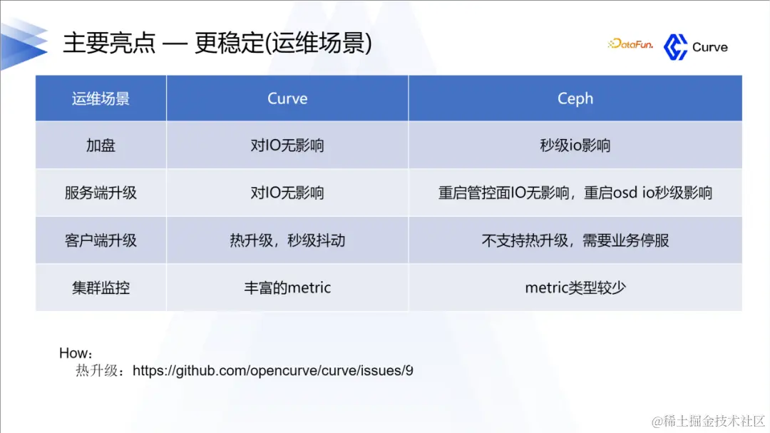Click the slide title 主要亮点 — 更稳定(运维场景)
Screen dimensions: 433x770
(x=217, y=43)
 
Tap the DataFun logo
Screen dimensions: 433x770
(x=630, y=44)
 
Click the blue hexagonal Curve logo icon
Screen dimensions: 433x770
(x=674, y=47)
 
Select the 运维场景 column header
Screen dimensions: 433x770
(x=101, y=98)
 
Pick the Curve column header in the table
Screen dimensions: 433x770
(x=287, y=98)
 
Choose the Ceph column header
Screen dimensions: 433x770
(x=575, y=98)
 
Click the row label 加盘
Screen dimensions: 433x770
(x=101, y=146)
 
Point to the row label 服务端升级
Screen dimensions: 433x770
(x=101, y=193)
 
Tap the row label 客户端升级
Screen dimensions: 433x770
(x=101, y=240)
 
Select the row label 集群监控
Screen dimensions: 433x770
(x=101, y=287)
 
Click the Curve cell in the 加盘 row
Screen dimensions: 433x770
(x=287, y=146)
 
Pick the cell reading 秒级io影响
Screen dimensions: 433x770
(x=575, y=146)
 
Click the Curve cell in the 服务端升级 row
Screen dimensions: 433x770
(x=287, y=193)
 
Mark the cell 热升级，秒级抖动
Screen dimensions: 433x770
(x=287, y=240)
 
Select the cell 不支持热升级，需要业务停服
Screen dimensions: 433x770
(x=575, y=240)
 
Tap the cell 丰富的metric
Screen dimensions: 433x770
(x=287, y=287)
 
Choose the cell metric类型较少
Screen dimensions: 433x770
(x=575, y=287)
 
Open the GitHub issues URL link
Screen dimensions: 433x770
(x=273, y=371)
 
